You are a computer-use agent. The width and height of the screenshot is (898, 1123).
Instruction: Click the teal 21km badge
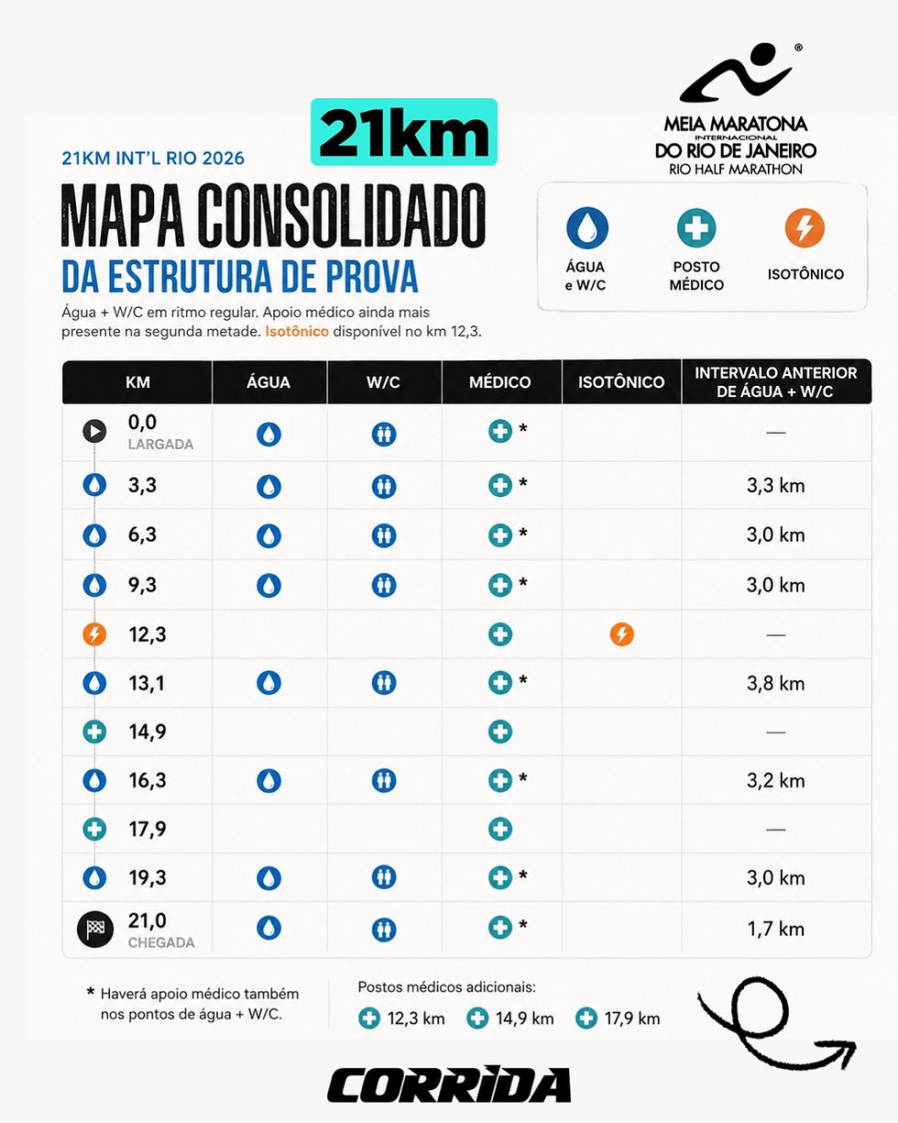[404, 132]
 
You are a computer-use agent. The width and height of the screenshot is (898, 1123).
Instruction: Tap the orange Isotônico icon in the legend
[805, 228]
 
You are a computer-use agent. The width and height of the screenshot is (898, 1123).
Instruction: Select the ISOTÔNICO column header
[621, 382]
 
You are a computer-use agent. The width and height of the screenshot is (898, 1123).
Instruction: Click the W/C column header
[384, 382]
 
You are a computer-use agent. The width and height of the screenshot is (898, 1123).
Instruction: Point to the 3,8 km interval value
[775, 683]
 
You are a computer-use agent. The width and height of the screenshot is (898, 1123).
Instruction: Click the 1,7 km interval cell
[775, 929]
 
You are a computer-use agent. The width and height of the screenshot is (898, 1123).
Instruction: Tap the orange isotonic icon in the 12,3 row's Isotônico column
[621, 634]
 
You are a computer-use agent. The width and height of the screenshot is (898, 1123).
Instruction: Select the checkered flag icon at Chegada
[95, 929]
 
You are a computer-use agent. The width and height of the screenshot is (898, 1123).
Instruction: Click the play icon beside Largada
[94, 431]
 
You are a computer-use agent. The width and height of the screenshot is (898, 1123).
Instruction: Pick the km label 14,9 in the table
[148, 732]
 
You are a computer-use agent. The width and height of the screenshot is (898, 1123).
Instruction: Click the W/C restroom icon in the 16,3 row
[384, 781]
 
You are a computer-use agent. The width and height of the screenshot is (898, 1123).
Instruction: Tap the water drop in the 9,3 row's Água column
[268, 585]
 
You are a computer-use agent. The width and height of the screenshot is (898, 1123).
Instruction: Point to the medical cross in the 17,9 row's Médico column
[500, 829]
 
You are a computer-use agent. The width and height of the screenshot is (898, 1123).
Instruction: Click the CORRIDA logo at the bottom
[449, 1084]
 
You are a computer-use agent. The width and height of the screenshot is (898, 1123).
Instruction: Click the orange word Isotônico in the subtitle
[296, 331]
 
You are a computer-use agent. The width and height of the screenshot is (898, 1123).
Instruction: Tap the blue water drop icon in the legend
[587, 228]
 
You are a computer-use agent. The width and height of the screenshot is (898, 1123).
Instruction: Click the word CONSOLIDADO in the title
[342, 215]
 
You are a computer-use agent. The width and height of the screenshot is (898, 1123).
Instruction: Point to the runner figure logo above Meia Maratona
[735, 73]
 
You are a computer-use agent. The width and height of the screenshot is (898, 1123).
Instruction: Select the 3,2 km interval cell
[775, 781]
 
